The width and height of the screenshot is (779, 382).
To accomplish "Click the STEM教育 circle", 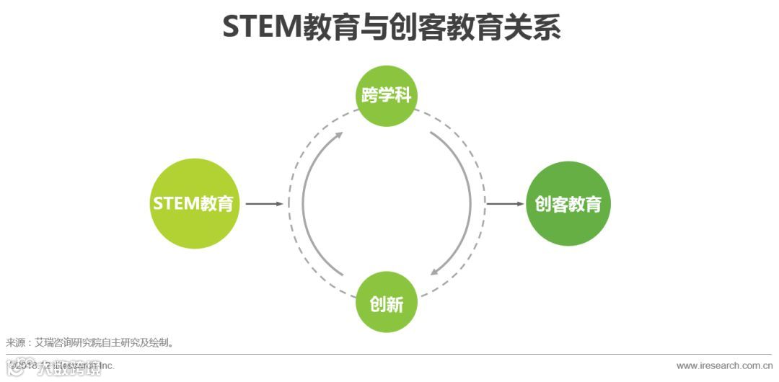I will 195,203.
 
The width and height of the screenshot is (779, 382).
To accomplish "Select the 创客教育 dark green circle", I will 568,203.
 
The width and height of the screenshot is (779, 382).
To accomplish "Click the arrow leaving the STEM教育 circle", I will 264,204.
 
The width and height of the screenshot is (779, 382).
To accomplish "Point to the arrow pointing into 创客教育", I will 505,204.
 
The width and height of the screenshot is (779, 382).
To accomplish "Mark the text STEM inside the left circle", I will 175,203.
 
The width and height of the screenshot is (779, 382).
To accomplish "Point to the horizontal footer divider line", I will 389,355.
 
